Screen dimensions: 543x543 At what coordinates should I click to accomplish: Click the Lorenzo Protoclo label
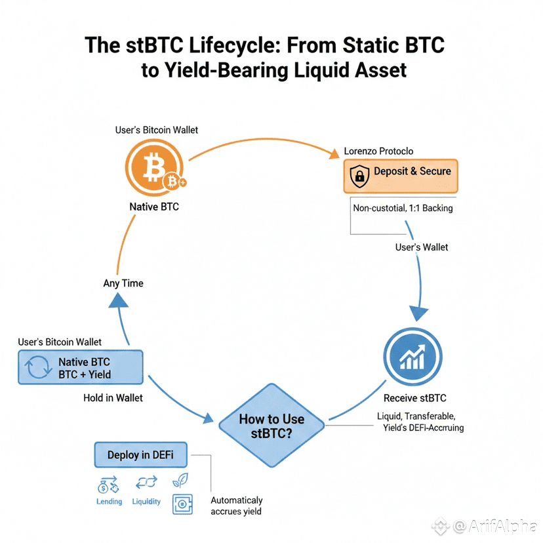pyautogui.click(x=378, y=151)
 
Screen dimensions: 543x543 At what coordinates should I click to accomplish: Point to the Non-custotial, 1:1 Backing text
pyautogui.click(x=403, y=209)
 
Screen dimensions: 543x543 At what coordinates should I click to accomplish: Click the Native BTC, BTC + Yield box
pyautogui.click(x=81, y=368)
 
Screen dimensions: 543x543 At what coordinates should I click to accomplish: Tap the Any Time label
pyautogui.click(x=123, y=283)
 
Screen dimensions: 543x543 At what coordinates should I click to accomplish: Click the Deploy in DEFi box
pyautogui.click(x=142, y=455)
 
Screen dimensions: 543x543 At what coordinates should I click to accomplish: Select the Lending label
pyautogui.click(x=109, y=502)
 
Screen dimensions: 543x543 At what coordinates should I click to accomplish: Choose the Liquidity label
pyautogui.click(x=146, y=502)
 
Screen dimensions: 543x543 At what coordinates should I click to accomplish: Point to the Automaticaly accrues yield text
pyautogui.click(x=236, y=506)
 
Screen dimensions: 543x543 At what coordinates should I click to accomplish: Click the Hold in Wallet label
pyautogui.click(x=113, y=398)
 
